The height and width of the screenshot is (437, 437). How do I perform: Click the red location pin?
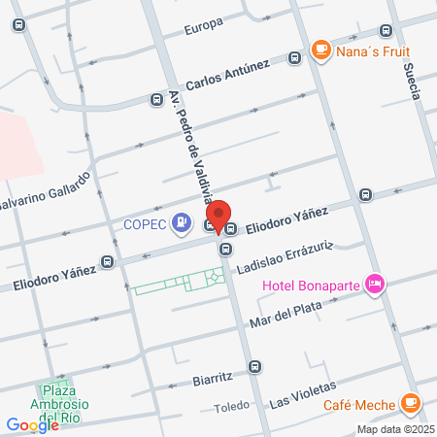point(219,216)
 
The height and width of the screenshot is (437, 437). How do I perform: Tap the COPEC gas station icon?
point(181,224)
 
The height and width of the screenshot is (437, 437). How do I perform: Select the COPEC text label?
point(146,224)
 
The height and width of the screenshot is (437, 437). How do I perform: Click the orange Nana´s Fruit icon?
point(319,49)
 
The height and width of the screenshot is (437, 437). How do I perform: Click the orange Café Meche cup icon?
point(411,401)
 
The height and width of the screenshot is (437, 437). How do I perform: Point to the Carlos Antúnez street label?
point(228,74)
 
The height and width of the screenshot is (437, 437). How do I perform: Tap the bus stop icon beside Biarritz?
point(254,366)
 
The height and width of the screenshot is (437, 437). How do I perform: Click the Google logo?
point(32,424)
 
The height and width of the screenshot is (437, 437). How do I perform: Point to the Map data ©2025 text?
point(394,429)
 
